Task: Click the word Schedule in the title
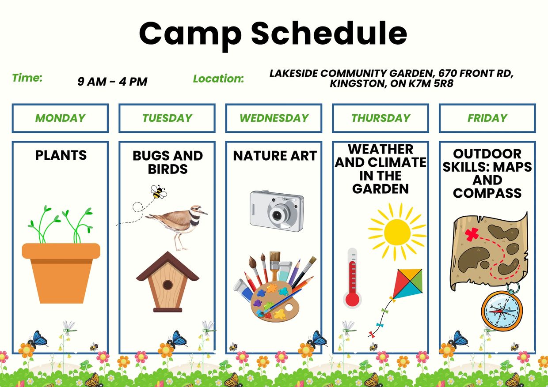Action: [x=329, y=33]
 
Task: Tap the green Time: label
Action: [x=27, y=78]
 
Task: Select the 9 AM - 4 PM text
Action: [x=112, y=82]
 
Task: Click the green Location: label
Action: [x=218, y=79]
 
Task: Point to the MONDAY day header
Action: [x=60, y=118]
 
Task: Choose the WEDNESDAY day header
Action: [x=274, y=118]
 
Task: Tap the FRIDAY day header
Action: [x=487, y=118]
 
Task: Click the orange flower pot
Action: [x=61, y=273]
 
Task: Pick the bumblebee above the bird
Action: [x=158, y=192]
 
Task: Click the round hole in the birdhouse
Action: [x=167, y=285]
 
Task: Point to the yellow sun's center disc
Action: [x=397, y=232]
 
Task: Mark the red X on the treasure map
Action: [x=472, y=234]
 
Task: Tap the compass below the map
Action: [x=502, y=311]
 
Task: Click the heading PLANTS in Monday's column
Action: [x=61, y=155]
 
